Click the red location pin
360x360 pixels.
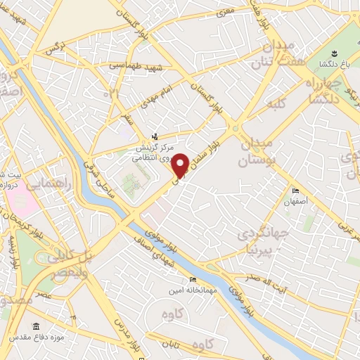(x=180, y=165)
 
